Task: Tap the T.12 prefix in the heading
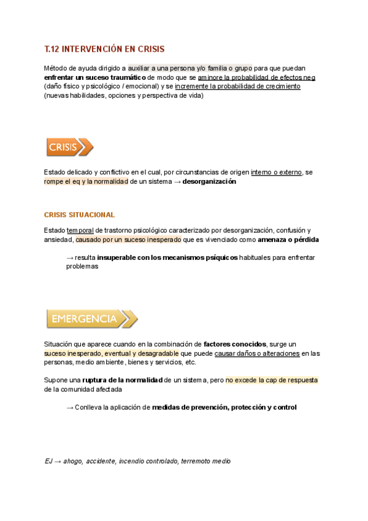(x=54, y=49)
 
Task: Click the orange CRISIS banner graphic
(x=69, y=147)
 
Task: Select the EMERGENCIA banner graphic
(x=91, y=319)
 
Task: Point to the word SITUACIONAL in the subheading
(x=92, y=215)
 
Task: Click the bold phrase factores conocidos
(x=234, y=344)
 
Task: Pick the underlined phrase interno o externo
(x=276, y=173)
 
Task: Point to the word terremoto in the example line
(x=195, y=461)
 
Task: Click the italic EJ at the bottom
(x=48, y=461)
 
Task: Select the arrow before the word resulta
(x=69, y=257)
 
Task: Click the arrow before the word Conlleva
(x=69, y=407)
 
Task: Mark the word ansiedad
(x=59, y=239)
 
